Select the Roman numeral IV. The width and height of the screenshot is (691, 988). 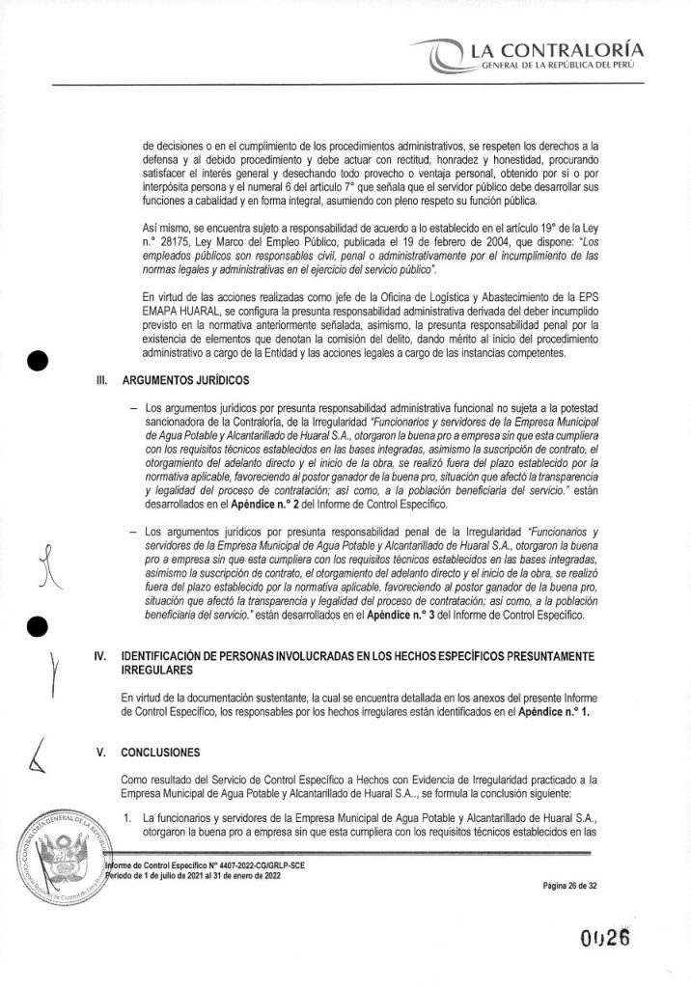99,655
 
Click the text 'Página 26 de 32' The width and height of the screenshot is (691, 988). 572,885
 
